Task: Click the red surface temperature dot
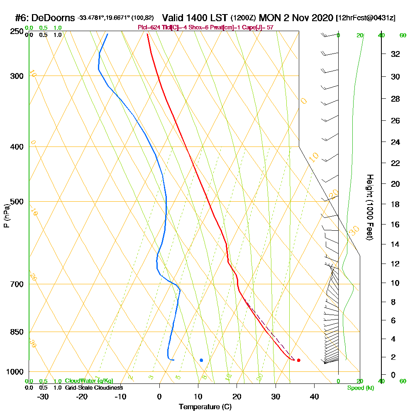coord(299,360)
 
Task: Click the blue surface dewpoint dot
coord(201,360)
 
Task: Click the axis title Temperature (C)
coord(205,407)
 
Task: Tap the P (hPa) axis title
coord(6,215)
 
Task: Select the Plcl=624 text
coord(148,27)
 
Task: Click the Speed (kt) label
coord(360,388)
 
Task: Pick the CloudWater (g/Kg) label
coord(89,381)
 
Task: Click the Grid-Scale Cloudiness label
coord(93,388)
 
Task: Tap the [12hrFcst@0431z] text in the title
coord(366,18)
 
